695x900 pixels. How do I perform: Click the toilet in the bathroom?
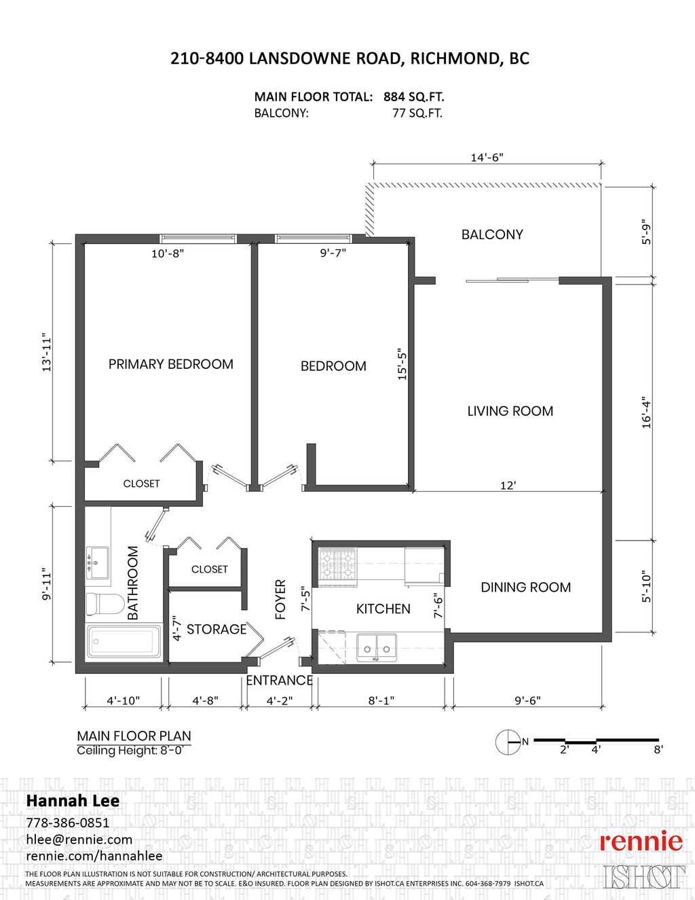coord(105,605)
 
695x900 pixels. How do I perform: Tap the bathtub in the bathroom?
coord(124,641)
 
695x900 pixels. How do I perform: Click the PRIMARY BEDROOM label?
coord(171,365)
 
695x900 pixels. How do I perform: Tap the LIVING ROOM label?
coord(510,411)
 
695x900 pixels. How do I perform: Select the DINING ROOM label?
coord(526,588)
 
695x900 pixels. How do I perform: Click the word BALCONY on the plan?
coord(492,235)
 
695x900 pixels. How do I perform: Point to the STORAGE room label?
coord(217,630)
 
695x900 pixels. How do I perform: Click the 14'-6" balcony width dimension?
coord(487,158)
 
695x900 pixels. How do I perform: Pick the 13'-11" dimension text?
coord(47,352)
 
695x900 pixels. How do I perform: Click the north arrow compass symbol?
coord(507,742)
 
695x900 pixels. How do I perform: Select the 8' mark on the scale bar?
coord(658,750)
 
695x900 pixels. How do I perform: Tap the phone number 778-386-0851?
coord(67,823)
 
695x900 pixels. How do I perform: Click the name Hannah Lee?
coord(73,801)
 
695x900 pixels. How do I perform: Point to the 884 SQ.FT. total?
coord(414,97)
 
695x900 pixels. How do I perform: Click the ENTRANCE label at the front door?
coord(279,681)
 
